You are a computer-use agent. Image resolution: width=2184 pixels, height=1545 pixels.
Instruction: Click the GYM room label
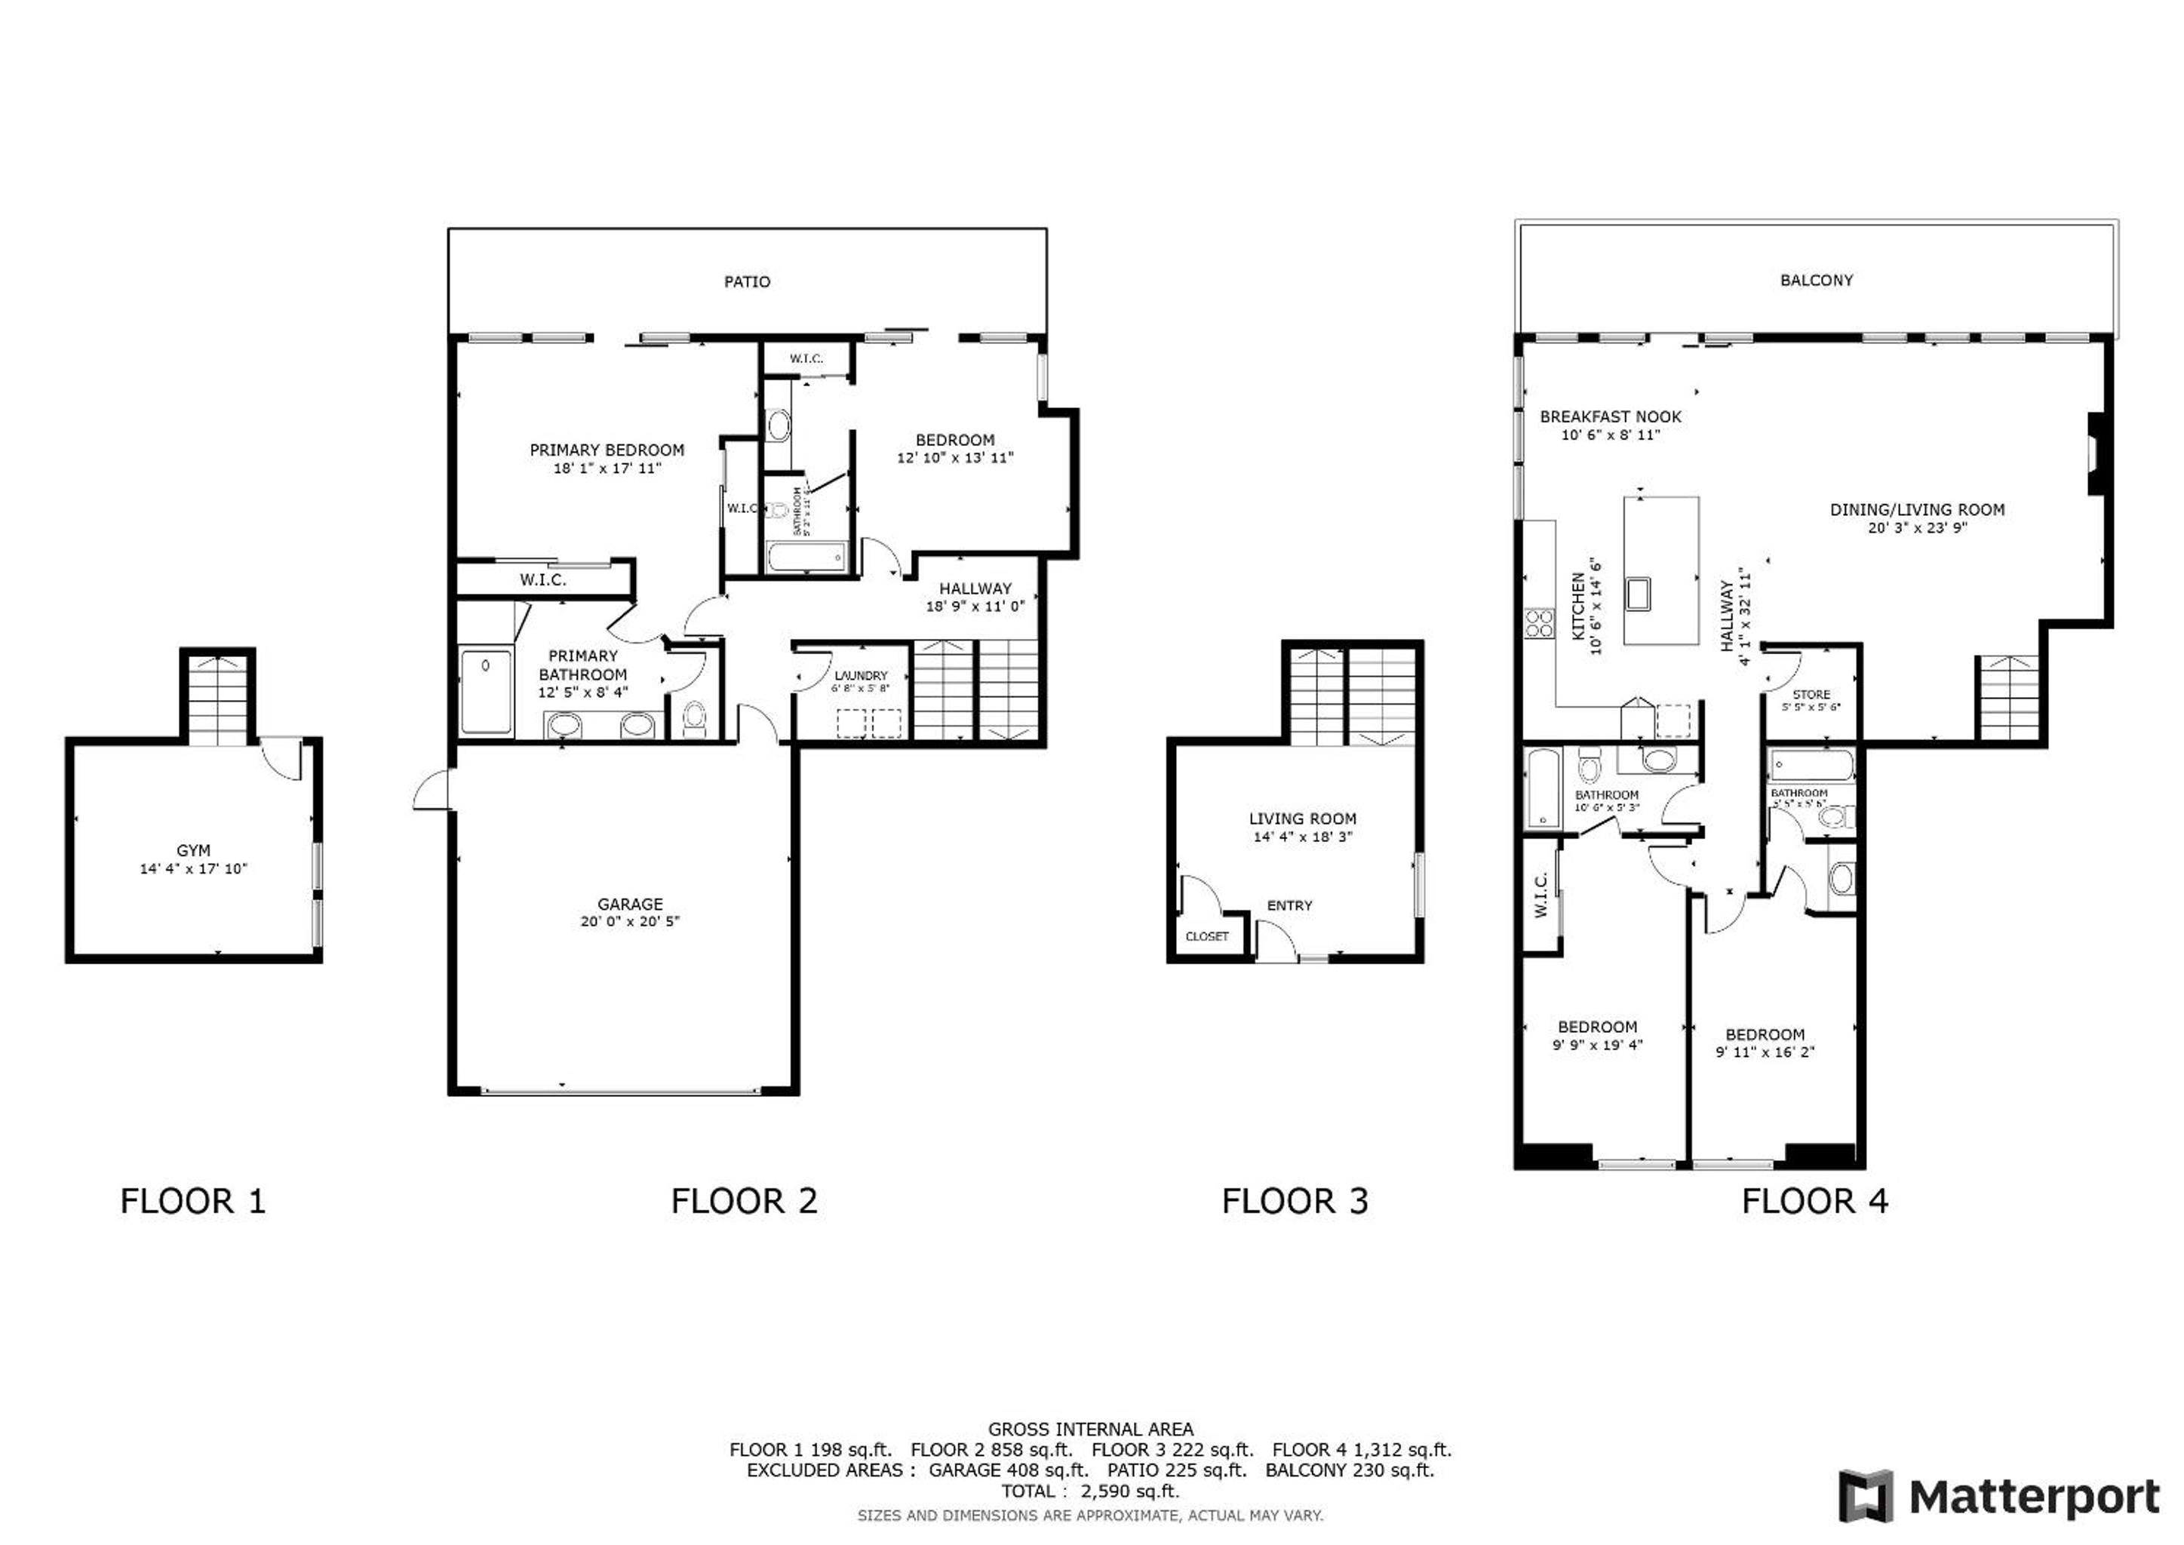[193, 850]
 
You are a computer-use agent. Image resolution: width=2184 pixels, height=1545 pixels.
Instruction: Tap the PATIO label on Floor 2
[747, 281]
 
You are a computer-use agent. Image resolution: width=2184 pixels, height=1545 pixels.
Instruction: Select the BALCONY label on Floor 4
[1816, 280]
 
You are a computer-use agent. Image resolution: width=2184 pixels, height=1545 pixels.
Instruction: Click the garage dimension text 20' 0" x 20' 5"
[630, 921]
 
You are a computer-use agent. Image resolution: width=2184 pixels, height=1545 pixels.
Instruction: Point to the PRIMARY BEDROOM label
[607, 450]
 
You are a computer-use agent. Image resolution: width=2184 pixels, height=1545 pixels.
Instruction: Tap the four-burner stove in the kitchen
[1538, 624]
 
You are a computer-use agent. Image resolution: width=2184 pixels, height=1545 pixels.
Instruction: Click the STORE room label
[1811, 695]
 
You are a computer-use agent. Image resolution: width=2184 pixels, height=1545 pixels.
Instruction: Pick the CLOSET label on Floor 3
[1206, 936]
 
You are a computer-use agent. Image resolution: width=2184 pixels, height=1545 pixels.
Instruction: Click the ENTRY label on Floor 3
[1289, 906]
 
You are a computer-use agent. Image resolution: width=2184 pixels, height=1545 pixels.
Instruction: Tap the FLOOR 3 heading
[1295, 1202]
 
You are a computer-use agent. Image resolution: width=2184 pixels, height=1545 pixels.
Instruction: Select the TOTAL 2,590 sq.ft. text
[1090, 1491]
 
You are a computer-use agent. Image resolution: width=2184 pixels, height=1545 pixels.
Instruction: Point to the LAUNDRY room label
[860, 675]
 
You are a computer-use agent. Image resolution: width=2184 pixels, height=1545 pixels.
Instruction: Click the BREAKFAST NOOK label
[1611, 416]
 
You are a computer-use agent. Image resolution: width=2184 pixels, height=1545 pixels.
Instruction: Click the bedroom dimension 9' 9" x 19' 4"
[1597, 1045]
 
